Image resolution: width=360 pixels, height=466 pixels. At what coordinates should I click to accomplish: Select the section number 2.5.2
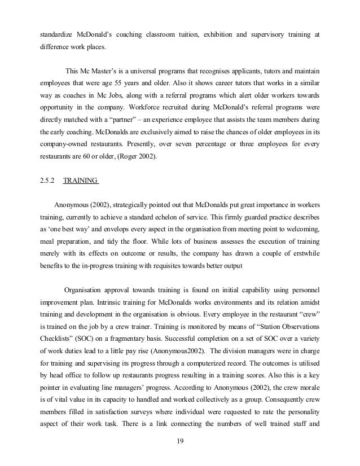point(47,181)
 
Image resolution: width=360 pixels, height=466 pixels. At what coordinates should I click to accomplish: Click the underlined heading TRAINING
point(81,181)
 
